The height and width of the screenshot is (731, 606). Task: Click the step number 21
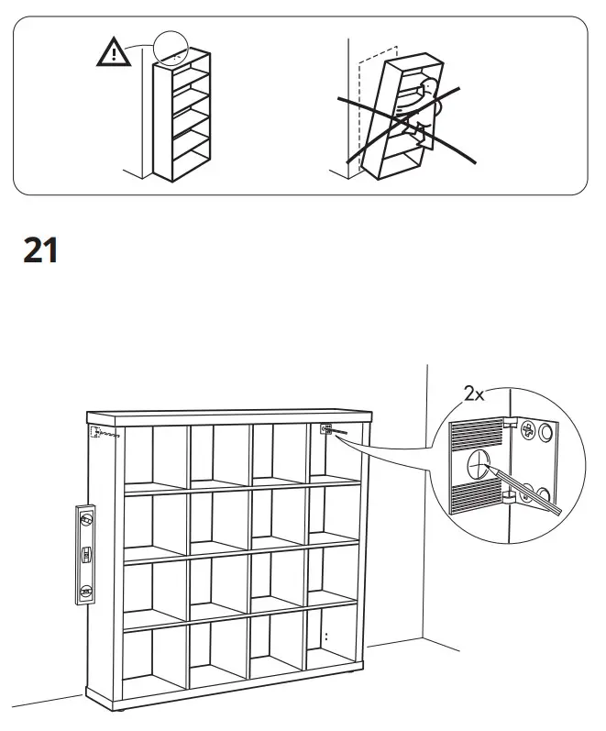[x=40, y=249]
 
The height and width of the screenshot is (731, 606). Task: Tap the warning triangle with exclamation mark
[x=113, y=54]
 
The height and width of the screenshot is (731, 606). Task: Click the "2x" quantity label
[x=474, y=394]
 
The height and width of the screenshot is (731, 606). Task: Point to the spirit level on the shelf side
[x=85, y=554]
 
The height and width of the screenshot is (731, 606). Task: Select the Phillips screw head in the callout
[x=529, y=428]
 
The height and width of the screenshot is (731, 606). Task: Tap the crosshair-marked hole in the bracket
[x=478, y=464]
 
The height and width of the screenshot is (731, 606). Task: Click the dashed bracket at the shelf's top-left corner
[x=94, y=433]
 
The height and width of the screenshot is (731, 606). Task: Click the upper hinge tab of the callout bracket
[x=508, y=423]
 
